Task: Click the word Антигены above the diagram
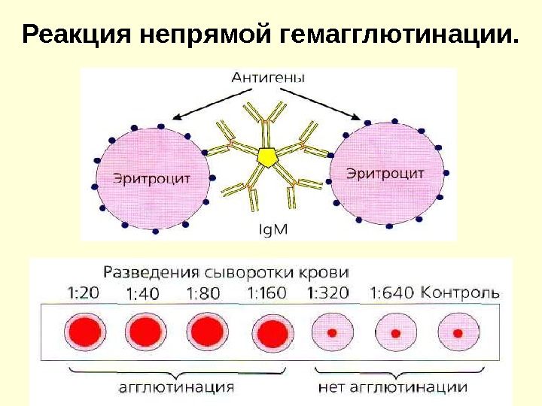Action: point(268,77)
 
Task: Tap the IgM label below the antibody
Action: point(269,229)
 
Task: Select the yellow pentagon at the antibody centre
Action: point(267,156)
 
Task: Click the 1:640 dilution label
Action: point(392,292)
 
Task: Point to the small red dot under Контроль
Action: point(456,332)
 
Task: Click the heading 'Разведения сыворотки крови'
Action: point(225,271)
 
